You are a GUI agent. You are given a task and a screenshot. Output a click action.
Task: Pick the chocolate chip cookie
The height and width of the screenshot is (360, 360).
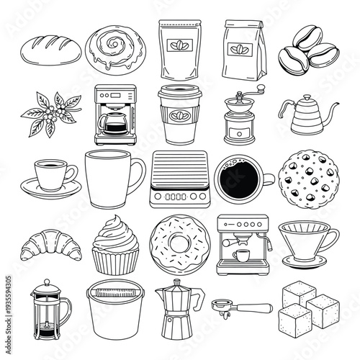tap(305, 176)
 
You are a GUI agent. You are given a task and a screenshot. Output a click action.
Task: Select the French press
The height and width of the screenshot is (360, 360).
tap(49, 312)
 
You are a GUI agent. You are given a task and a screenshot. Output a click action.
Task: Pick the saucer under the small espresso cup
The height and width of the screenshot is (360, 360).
tap(50, 189)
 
